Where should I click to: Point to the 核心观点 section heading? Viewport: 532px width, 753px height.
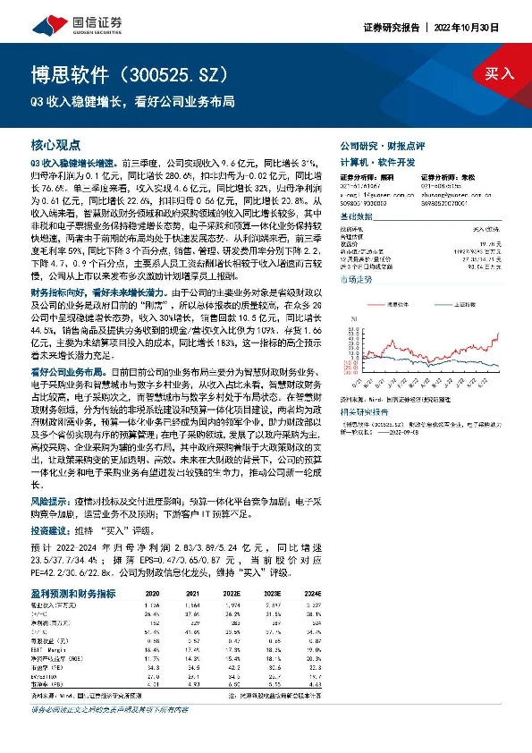pos(55,144)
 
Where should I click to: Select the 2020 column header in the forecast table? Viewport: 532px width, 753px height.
pos(152,593)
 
